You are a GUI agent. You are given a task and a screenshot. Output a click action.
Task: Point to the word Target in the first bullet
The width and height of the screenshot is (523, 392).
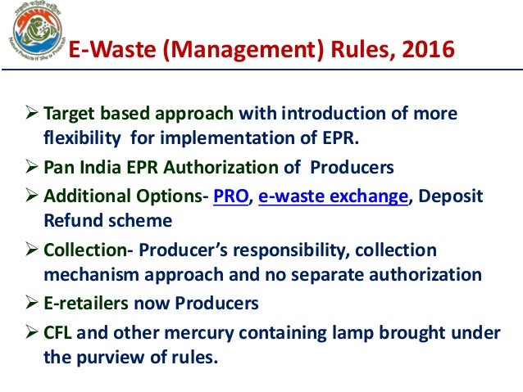pos(68,113)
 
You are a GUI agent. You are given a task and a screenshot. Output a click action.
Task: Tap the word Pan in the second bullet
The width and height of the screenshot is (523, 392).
pos(58,168)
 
